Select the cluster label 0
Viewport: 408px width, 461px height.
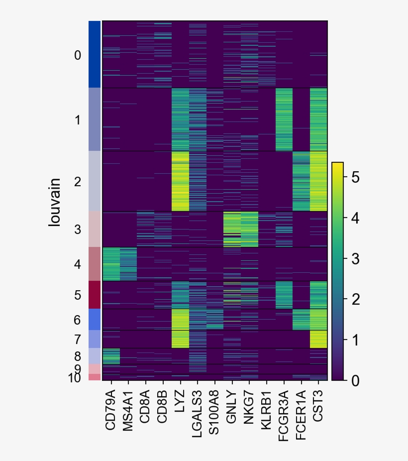(x=77, y=55)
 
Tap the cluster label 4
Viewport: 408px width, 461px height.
(x=77, y=264)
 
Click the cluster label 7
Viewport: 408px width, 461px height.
(x=77, y=340)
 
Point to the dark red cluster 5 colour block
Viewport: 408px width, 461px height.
(x=95, y=295)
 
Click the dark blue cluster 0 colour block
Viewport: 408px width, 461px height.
(x=95, y=54)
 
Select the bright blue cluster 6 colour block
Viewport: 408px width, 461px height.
(x=95, y=319)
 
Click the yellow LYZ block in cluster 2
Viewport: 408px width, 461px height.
(x=180, y=181)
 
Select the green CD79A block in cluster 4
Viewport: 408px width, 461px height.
(x=110, y=264)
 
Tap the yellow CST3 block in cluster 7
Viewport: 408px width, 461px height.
(x=318, y=339)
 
